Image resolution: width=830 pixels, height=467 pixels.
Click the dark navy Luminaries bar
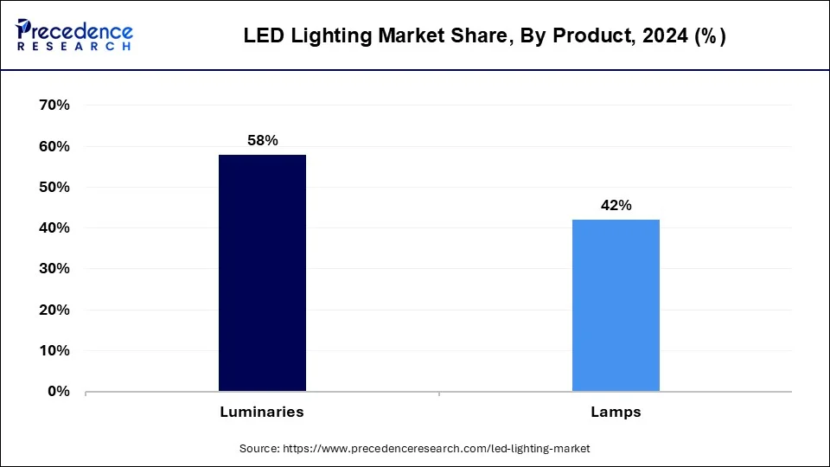(262, 272)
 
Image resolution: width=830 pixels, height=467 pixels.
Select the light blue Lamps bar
(616, 305)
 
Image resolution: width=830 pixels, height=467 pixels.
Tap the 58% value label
(262, 140)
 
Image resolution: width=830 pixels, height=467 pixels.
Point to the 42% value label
(616, 206)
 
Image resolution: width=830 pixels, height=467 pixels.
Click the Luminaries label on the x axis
(262, 413)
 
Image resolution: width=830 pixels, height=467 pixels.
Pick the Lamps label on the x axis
(616, 413)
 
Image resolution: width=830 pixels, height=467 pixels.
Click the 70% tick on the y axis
(54, 106)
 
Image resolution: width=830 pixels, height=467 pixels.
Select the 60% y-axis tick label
(54, 146)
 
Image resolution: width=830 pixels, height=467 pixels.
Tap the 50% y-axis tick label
(54, 188)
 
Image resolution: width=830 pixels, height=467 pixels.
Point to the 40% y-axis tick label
(54, 228)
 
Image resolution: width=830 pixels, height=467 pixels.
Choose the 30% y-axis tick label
(54, 269)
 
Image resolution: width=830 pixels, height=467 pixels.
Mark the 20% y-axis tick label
(54, 310)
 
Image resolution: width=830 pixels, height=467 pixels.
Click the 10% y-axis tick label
(54, 351)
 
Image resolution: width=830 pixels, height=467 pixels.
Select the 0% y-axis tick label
(58, 392)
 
